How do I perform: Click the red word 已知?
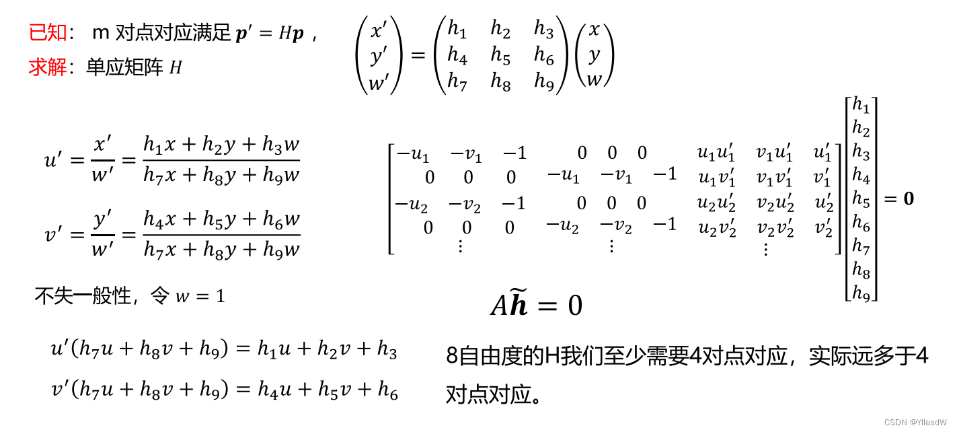coord(48,32)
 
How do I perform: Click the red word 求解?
coord(48,67)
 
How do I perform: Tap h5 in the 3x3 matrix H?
coord(500,57)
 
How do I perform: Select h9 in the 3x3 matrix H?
coord(543,81)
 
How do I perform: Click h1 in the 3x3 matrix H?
coord(457,30)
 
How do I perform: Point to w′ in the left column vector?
coord(379,83)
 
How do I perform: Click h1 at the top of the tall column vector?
coord(861,105)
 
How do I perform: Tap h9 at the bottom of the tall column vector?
coord(861,293)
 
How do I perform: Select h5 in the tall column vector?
coord(861,199)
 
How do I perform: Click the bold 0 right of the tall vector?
coord(908,199)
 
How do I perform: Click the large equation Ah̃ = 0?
coord(536,305)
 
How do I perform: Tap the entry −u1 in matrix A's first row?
coord(412,154)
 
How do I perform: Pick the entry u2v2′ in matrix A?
coord(717,229)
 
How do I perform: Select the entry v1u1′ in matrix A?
coord(774,154)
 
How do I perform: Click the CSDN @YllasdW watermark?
coord(915,423)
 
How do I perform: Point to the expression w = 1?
coord(200,296)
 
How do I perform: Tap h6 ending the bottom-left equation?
coord(387,390)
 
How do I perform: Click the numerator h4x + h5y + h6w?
coord(221,220)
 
